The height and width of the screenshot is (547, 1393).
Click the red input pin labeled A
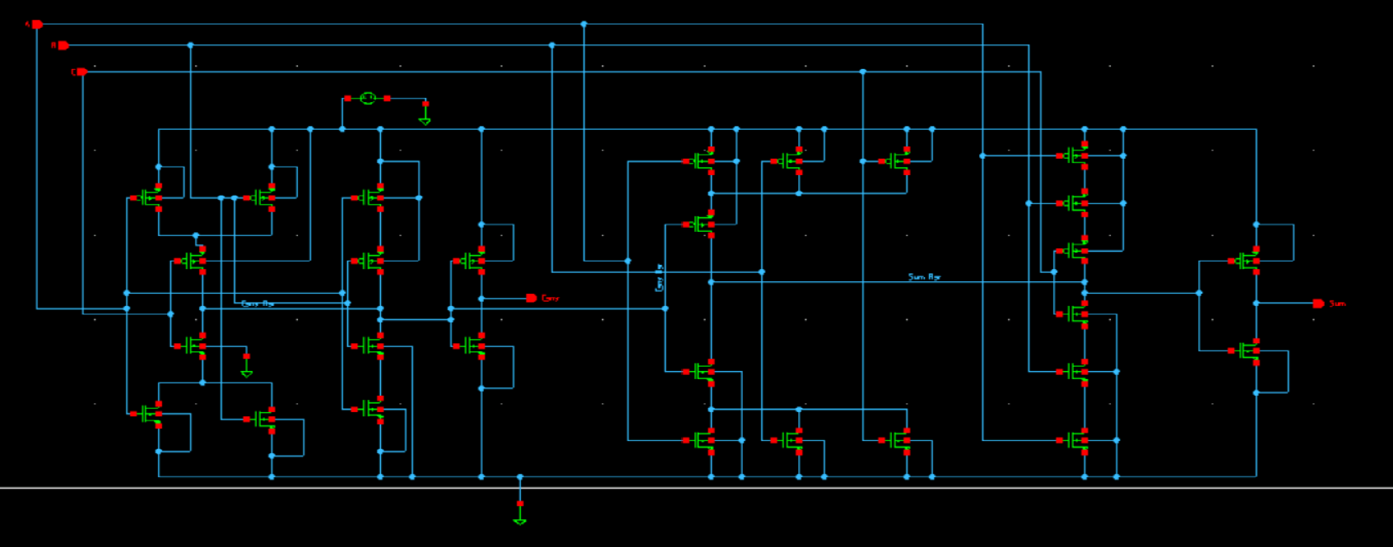pyautogui.click(x=36, y=25)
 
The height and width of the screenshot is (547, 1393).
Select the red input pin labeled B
pyautogui.click(x=63, y=45)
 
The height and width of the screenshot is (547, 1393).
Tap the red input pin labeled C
pyautogui.click(x=81, y=72)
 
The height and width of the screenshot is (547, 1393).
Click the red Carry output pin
pyautogui.click(x=532, y=298)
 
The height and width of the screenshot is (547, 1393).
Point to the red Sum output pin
pyautogui.click(x=1318, y=304)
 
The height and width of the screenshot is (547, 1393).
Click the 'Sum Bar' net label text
pyautogui.click(x=924, y=277)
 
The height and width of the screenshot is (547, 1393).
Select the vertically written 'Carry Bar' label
pyautogui.click(x=659, y=278)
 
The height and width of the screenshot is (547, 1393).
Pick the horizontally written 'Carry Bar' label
pyautogui.click(x=258, y=304)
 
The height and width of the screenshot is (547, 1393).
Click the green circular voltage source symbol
pyautogui.click(x=368, y=98)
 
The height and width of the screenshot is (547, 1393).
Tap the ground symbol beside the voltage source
pyautogui.click(x=425, y=120)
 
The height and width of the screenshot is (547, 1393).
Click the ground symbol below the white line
pyautogui.click(x=519, y=520)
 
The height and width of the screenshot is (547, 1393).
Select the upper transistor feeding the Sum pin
pyautogui.click(x=1247, y=261)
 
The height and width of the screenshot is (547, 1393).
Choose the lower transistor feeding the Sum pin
pyautogui.click(x=1247, y=350)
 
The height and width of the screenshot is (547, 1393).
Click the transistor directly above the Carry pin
pyautogui.click(x=472, y=261)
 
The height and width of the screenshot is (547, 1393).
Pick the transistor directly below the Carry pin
pyautogui.click(x=472, y=345)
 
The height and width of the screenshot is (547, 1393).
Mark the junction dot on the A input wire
pyautogui.click(x=584, y=25)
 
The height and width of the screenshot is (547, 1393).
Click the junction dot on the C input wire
pyautogui.click(x=862, y=72)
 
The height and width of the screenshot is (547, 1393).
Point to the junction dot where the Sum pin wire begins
pyautogui.click(x=1256, y=304)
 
